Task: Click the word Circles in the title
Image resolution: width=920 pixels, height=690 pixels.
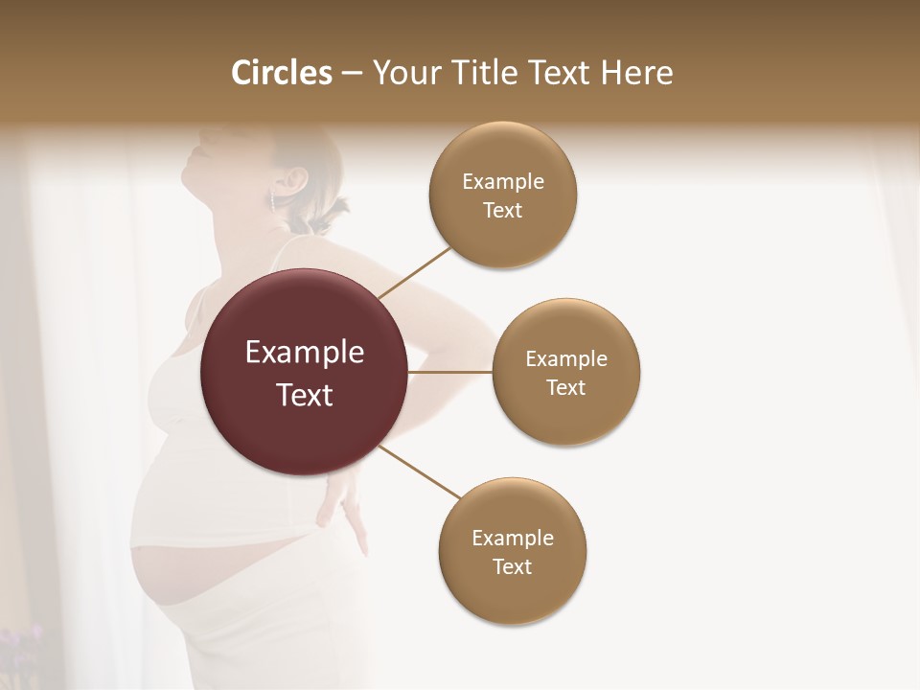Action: point(281,73)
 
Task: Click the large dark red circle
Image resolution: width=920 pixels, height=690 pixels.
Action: point(305,373)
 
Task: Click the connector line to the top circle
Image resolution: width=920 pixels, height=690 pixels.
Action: point(416,271)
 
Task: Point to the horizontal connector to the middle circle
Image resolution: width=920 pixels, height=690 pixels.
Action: point(450,372)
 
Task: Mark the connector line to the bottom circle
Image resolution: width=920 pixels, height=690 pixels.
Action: point(419,471)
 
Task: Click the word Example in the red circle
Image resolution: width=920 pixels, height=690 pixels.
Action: point(305,353)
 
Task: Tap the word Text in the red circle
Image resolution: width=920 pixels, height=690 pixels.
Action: point(305,395)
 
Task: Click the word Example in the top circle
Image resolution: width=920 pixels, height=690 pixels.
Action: point(503,182)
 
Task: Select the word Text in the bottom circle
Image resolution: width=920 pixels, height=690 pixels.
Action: point(513,566)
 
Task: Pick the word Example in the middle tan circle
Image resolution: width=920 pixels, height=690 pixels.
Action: point(566,359)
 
